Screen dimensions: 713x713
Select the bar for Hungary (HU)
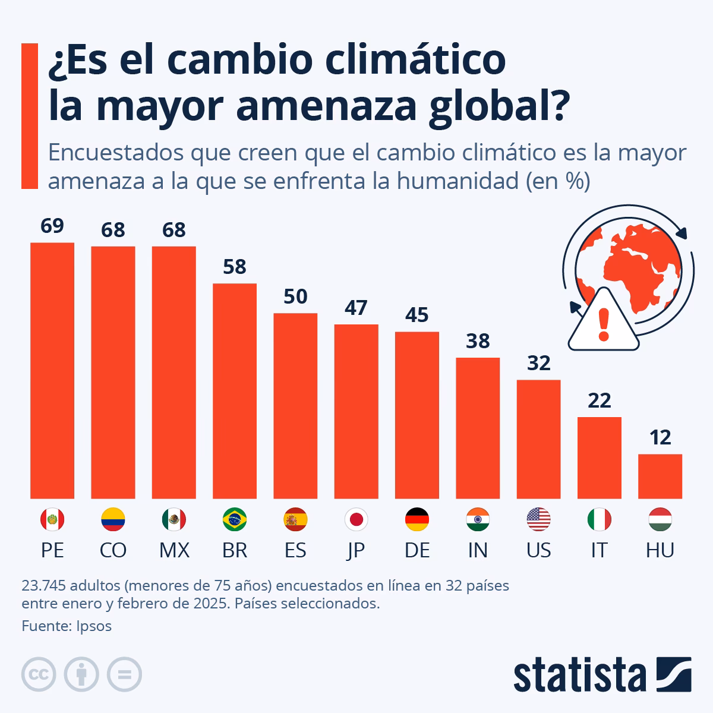[660, 476]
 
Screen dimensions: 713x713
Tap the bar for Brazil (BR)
[235, 390]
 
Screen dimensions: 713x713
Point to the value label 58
[235, 267]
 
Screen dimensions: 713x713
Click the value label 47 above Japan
[356, 308]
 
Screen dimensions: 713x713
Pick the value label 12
[660, 438]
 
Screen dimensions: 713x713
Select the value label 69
[52, 226]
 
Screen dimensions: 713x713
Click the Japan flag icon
[356, 520]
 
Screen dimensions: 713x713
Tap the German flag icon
[417, 520]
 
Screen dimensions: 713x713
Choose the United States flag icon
[538, 520]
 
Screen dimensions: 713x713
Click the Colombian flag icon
[113, 520]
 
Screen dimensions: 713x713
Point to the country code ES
[295, 550]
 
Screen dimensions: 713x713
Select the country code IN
[478, 550]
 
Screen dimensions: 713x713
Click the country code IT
[599, 550]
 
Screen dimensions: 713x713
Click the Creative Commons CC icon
[39, 674]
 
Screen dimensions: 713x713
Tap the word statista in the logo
[580, 676]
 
